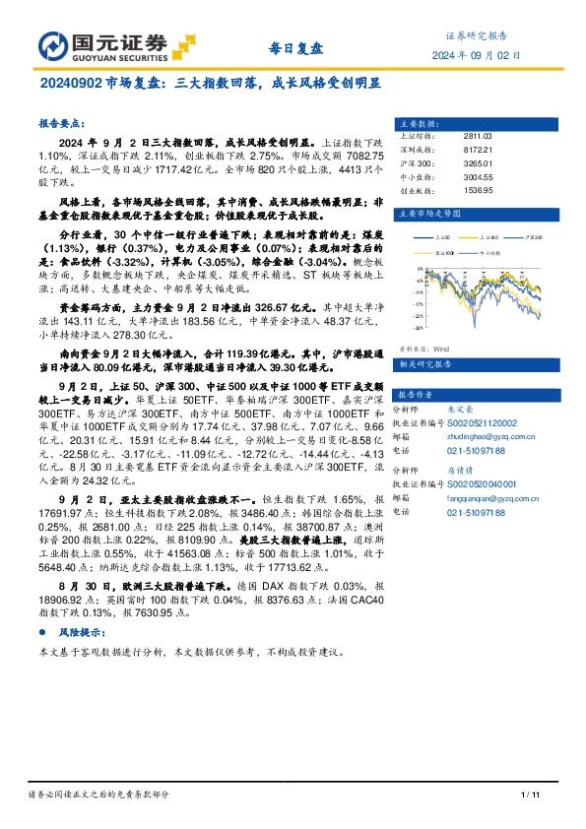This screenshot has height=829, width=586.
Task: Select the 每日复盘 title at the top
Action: pyautogui.click(x=294, y=46)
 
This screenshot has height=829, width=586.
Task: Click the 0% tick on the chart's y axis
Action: pyautogui.click(x=422, y=269)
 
